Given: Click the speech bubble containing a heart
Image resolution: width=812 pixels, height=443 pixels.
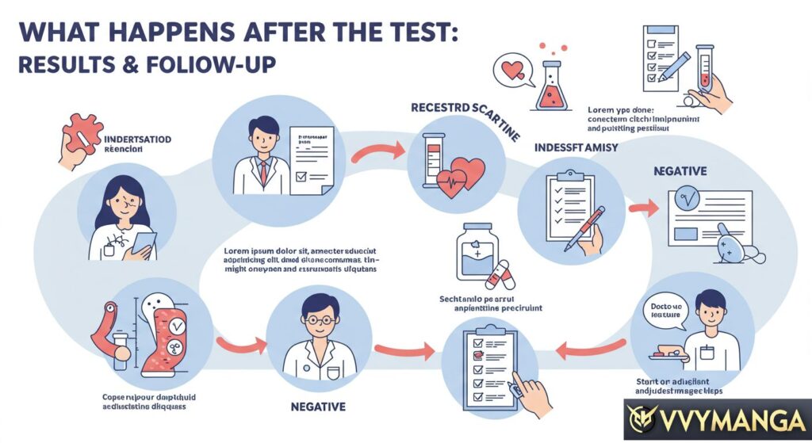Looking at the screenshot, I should pos(510,71).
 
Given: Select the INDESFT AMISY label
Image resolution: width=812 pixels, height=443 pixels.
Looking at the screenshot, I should pos(576,147).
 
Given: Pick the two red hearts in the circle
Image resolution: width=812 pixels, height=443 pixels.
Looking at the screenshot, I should pos(462,174).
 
